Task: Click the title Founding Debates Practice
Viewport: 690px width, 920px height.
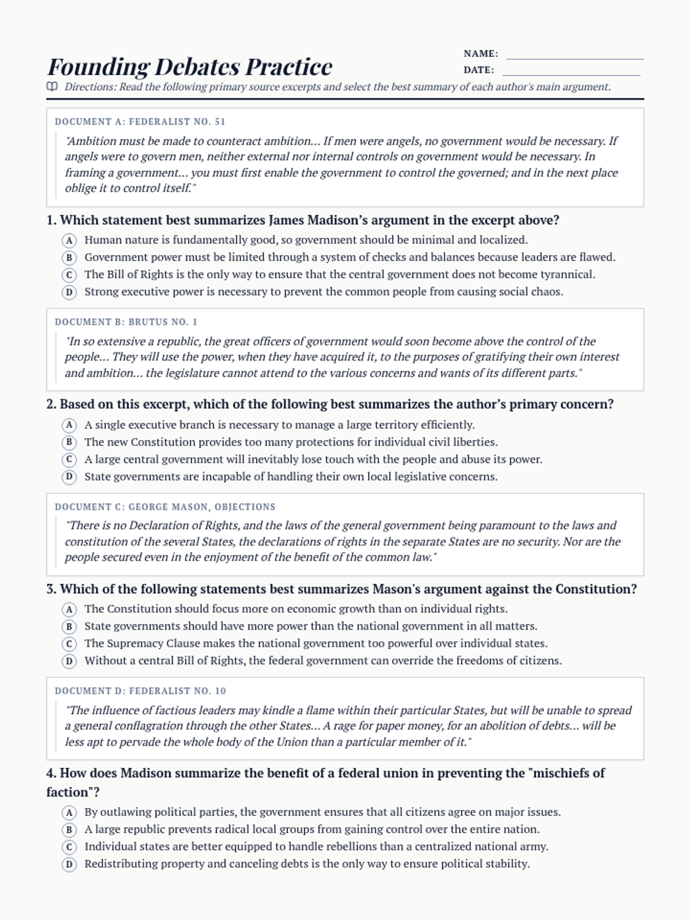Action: coord(190,67)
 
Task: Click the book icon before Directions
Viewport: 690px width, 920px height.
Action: coord(52,87)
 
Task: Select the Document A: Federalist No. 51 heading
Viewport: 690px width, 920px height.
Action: coord(140,122)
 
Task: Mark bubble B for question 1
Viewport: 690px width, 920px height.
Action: coord(69,258)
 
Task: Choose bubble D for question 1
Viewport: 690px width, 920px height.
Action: coord(69,292)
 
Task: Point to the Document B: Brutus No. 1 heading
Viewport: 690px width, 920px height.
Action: coord(126,322)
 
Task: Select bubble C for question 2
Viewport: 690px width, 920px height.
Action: coord(69,460)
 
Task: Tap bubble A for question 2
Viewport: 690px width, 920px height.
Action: coord(69,425)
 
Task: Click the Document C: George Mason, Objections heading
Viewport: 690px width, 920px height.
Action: coord(165,507)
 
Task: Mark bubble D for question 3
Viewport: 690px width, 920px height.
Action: coord(69,661)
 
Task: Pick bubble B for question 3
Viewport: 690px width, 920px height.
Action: coord(69,627)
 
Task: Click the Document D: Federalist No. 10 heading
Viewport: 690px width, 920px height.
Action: coord(140,691)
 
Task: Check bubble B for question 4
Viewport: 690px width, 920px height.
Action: coord(69,830)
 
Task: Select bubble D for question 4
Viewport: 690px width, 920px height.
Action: coord(69,864)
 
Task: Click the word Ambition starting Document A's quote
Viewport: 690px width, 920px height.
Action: coord(92,141)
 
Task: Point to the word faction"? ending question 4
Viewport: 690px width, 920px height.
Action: coord(73,792)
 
